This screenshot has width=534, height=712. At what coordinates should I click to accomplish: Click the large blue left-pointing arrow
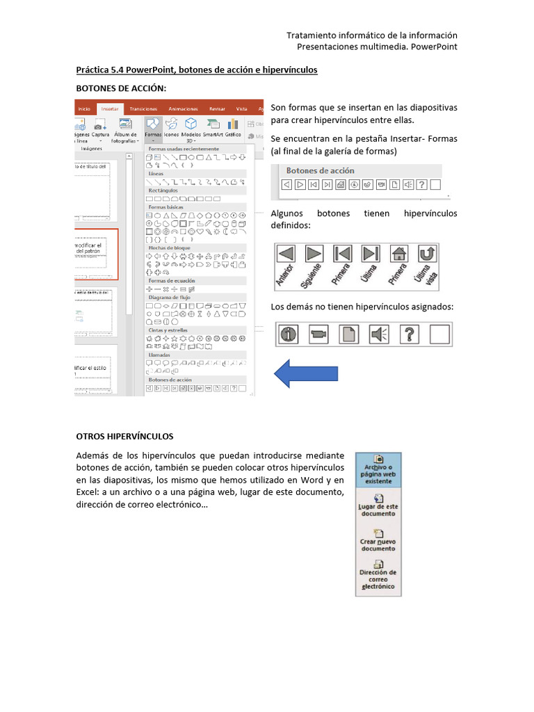(306, 373)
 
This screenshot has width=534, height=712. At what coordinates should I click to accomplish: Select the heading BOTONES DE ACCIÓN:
(121, 88)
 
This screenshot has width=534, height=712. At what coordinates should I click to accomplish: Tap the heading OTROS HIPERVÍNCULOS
(124, 436)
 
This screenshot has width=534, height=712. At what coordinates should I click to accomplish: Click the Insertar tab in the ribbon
(109, 108)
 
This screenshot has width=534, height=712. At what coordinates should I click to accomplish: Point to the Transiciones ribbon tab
(143, 108)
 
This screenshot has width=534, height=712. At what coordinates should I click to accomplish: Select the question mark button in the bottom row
(410, 334)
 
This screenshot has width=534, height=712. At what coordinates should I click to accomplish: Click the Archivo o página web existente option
(378, 470)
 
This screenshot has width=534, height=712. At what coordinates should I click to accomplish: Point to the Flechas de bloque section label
(169, 248)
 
